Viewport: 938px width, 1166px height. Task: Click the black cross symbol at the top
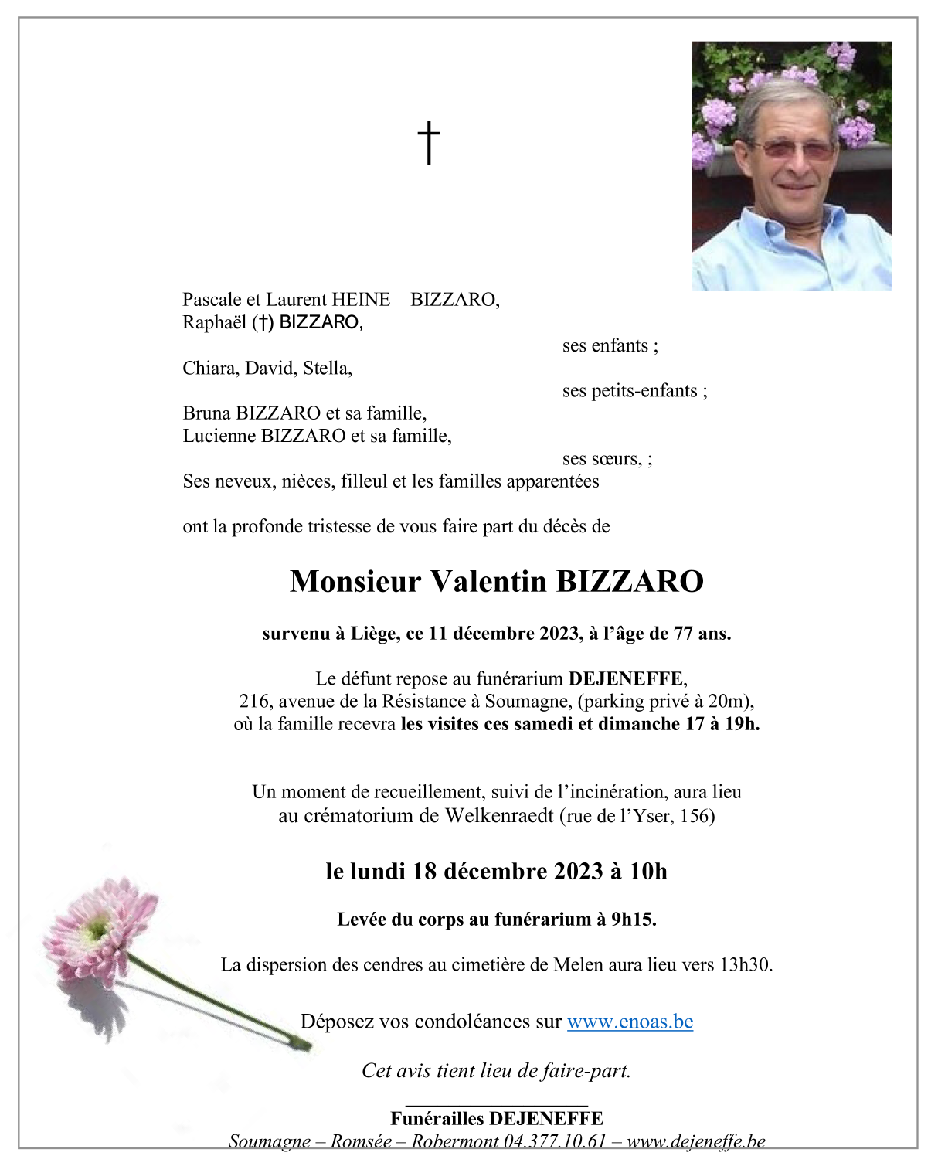(429, 143)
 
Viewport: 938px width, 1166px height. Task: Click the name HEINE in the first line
(361, 300)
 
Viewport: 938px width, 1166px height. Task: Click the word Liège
(375, 634)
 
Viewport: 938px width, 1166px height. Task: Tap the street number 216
(254, 702)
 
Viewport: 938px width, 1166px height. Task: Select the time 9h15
(633, 920)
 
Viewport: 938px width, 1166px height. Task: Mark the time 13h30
(745, 964)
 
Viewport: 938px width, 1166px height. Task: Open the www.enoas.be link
(630, 1022)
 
